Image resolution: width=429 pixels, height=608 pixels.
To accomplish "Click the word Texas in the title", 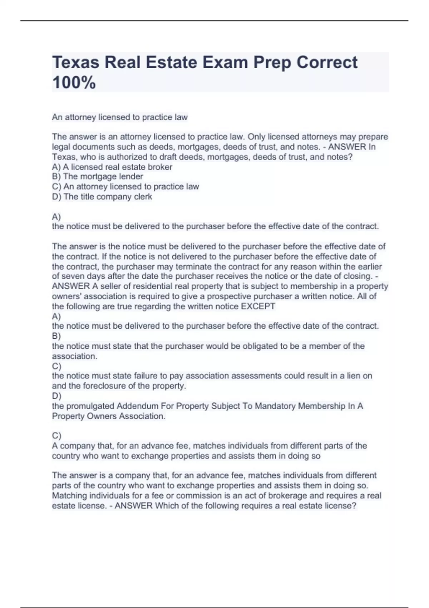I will (x=75, y=63).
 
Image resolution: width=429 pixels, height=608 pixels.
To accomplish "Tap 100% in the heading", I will (x=74, y=83).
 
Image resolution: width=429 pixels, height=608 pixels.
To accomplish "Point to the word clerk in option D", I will (x=143, y=197).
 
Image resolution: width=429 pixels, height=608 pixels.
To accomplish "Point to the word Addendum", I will (x=137, y=406).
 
